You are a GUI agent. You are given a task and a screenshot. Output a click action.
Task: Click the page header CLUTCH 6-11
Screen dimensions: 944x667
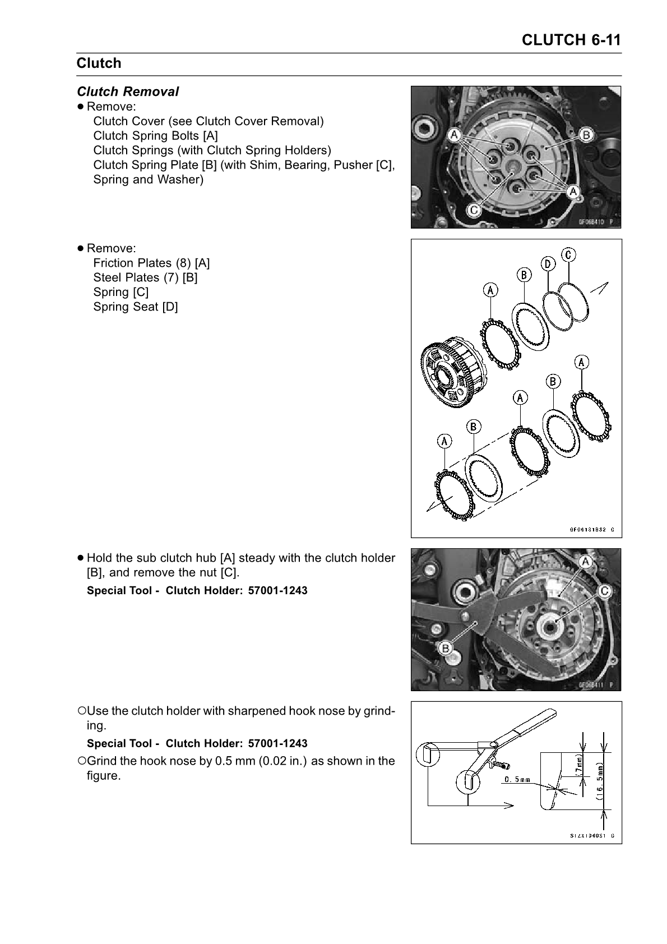pyautogui.click(x=571, y=40)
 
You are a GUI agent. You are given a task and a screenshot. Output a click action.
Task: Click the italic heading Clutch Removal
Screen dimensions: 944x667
pyautogui.click(x=128, y=91)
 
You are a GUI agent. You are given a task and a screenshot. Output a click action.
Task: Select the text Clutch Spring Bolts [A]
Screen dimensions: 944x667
pyautogui.click(x=155, y=136)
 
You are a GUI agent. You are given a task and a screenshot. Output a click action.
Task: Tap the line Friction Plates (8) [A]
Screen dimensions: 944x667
pyautogui.click(x=151, y=263)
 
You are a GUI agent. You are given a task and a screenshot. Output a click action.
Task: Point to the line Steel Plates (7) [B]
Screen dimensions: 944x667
pyautogui.click(x=145, y=277)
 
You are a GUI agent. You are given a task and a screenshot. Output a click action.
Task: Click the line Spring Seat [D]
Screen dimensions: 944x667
pyautogui.click(x=135, y=307)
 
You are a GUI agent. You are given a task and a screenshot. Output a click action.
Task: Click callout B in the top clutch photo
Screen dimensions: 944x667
pyautogui.click(x=586, y=135)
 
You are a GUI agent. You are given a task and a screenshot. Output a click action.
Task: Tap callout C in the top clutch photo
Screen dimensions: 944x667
pyautogui.click(x=474, y=210)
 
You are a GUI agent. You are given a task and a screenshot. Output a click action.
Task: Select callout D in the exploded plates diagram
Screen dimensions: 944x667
pyautogui.click(x=548, y=263)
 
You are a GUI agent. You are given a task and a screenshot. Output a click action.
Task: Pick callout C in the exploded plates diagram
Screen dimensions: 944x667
pyautogui.click(x=568, y=254)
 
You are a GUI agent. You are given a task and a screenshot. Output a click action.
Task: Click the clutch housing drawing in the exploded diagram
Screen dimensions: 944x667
pyautogui.click(x=448, y=376)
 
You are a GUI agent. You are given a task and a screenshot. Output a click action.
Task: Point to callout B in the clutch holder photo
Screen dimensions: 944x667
pyautogui.click(x=446, y=649)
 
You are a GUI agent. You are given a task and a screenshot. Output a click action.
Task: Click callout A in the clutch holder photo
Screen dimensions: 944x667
pyautogui.click(x=586, y=562)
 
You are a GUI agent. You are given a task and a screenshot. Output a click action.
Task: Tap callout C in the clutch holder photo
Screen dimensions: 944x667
pyautogui.click(x=605, y=590)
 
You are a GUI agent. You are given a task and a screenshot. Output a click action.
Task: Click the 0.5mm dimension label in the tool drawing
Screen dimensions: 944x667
pyautogui.click(x=517, y=780)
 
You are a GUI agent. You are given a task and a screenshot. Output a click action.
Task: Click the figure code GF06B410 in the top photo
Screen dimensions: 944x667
pyautogui.click(x=594, y=221)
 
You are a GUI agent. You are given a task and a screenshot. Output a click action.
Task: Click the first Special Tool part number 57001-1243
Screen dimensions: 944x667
pyautogui.click(x=277, y=591)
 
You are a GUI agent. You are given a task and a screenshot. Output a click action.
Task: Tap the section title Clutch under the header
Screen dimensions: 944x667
pyautogui.click(x=99, y=63)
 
